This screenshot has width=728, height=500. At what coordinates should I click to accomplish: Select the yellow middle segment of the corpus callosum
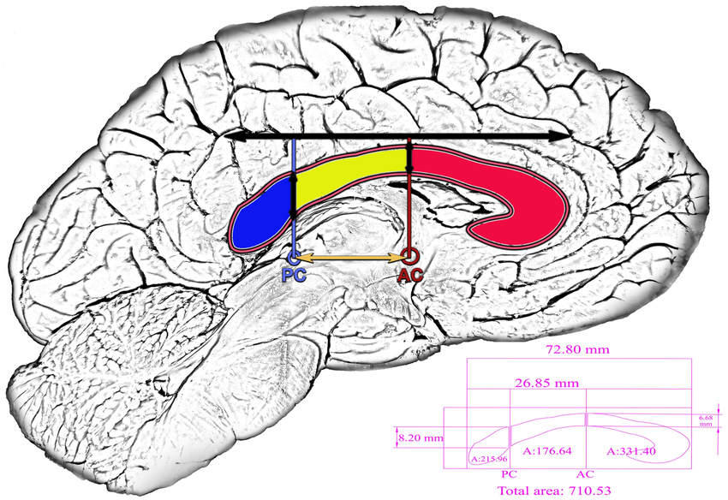(351, 176)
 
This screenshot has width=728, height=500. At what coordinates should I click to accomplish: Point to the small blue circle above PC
(293, 255)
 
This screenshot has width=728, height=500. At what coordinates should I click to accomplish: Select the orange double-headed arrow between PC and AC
(351, 256)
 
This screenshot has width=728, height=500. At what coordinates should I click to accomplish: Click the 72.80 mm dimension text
(576, 351)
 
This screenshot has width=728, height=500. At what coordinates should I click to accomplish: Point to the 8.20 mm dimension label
(421, 437)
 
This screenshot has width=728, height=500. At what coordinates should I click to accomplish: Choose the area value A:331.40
(631, 450)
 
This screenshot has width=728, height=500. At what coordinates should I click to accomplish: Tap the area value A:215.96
(489, 459)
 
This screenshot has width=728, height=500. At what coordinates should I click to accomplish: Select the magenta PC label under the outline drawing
(510, 473)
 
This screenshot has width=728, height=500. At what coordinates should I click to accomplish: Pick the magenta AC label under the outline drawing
(586, 473)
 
